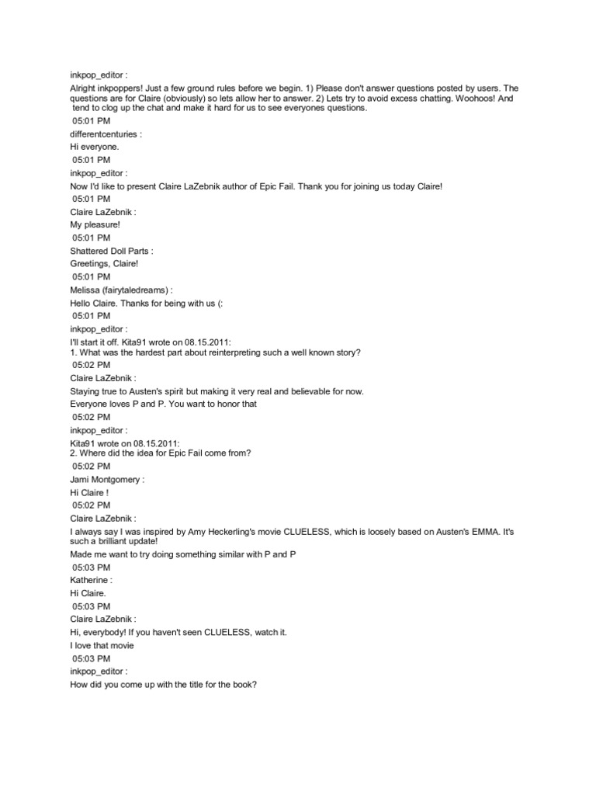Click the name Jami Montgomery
[105, 480]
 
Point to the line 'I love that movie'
[102, 645]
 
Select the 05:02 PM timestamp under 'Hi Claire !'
[91, 505]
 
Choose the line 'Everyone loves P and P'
[163, 404]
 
